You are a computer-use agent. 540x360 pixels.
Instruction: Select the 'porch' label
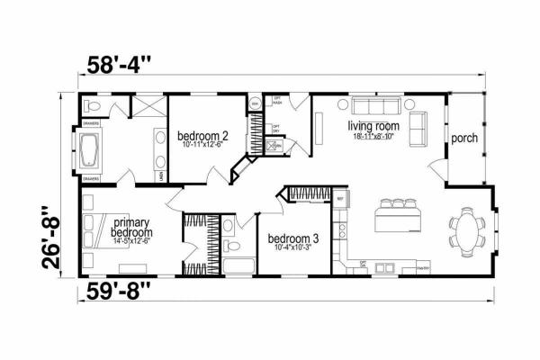464,139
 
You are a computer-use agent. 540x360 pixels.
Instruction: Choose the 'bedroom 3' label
293,239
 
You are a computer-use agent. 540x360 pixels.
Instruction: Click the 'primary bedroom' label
131,226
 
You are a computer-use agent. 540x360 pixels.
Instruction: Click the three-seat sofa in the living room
367,103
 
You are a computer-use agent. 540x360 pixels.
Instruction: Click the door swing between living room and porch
437,166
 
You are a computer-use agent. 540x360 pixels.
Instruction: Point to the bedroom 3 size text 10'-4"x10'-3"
293,249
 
